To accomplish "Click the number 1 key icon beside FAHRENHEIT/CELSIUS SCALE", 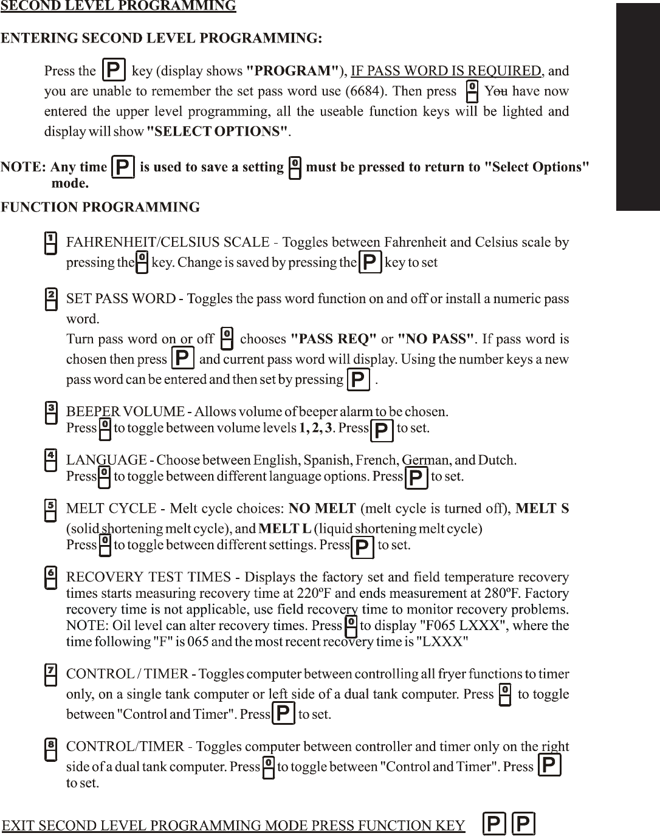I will click(52, 242).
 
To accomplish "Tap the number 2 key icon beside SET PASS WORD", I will click(52, 299).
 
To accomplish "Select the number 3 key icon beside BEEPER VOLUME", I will click(52, 413).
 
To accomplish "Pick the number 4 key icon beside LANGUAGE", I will click(52, 460).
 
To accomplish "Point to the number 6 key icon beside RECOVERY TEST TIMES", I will click(52, 577).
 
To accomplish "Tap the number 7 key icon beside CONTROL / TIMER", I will click(52, 674).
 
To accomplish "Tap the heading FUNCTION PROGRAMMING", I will click(100, 207).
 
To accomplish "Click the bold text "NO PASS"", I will click(435, 338).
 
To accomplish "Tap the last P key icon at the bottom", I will click(523, 824).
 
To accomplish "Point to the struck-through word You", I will click(496, 92).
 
